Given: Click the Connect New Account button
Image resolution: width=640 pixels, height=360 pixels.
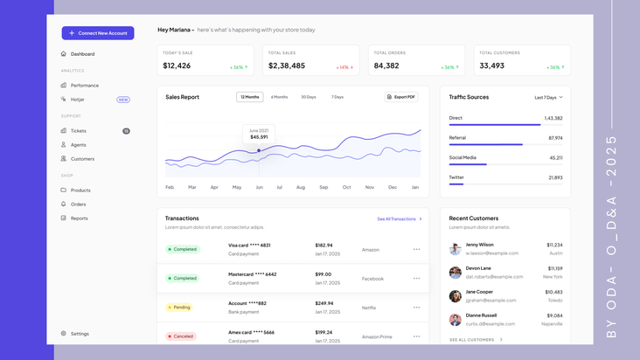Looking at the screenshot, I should coord(98,33).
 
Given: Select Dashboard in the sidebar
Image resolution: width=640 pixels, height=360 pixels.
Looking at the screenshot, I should coord(82,54).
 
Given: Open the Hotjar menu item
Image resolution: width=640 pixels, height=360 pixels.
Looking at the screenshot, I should coord(78,100).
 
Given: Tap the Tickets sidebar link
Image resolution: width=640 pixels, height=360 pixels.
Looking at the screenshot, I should coord(79,131).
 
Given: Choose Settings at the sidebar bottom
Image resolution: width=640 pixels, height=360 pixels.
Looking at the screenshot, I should coord(80,334).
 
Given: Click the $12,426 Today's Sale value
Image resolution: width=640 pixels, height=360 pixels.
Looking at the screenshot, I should coord(177,66).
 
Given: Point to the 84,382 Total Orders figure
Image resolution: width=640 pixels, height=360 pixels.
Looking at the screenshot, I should coord(386,66).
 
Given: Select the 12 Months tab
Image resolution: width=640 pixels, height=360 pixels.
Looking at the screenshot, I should coord(249,97).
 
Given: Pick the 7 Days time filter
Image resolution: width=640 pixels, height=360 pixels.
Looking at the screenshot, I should coord(337,97).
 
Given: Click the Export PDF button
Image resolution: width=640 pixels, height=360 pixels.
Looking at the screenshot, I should coord(402,97).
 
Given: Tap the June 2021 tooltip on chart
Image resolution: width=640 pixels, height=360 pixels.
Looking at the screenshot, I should coord(259,134).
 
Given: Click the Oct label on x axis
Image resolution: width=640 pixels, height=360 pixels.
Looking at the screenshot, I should coord(346,187).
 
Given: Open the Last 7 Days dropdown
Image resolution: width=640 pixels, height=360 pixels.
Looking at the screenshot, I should coord(548,97).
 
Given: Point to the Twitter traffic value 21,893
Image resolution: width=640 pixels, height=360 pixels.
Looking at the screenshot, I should coord(555,177).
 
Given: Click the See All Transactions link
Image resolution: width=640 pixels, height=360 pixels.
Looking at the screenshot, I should coord(400,218).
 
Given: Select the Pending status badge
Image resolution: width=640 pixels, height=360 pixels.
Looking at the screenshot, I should coord(179,308).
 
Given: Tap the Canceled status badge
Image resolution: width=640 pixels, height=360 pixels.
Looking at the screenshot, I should coord(181,336).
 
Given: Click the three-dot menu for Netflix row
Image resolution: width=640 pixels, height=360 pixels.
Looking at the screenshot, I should coord(416,308).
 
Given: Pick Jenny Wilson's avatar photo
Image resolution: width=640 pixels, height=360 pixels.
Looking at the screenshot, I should coord(456,249).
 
